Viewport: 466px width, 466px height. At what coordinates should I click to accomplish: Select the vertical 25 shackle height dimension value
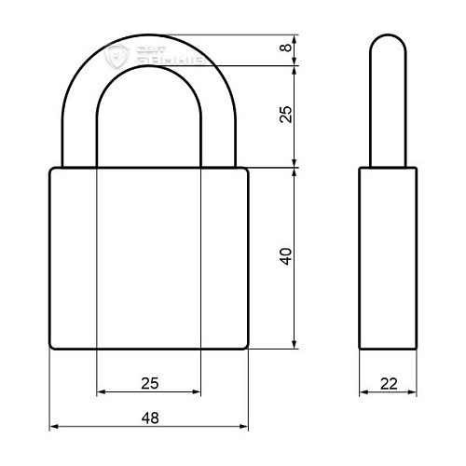[x=286, y=114]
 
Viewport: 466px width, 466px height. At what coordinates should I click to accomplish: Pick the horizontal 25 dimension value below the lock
[x=149, y=382]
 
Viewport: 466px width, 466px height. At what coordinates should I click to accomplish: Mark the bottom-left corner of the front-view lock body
[x=52, y=347]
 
